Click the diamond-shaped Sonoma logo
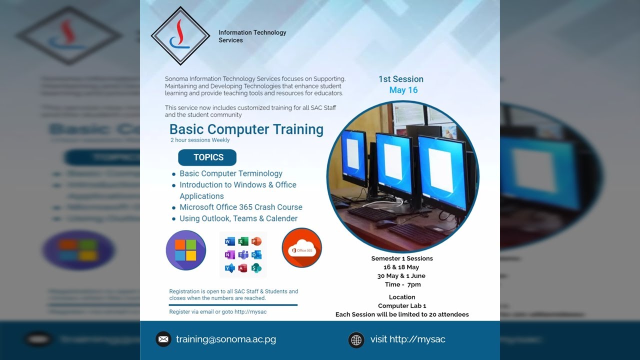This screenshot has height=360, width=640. tap(180, 35)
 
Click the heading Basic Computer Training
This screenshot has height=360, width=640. tap(246, 129)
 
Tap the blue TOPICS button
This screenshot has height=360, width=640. tap(207, 157)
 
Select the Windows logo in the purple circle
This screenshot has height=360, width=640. tap(185, 250)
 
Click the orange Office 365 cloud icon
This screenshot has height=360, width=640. tap(301, 248)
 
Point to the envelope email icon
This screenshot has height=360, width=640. tap(163, 339)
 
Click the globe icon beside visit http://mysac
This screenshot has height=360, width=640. tap(356, 340)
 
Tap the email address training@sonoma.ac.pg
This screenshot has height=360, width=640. tap(226, 339)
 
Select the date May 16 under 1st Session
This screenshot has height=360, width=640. tap(403, 90)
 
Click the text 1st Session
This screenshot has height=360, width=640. tap(400, 79)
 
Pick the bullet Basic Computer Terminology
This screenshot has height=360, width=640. tap(231, 173)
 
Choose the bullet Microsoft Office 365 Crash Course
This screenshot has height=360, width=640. tap(241, 207)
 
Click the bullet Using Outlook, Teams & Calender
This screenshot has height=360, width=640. tap(238, 218)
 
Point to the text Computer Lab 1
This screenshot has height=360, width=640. tap(402, 305)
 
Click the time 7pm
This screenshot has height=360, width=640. tap(414, 284)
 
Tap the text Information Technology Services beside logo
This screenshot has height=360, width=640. tap(252, 36)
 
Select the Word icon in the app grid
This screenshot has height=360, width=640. tap(229, 241)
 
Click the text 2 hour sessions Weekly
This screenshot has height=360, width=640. tap(200, 140)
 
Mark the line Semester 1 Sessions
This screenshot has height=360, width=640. tap(402, 258)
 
